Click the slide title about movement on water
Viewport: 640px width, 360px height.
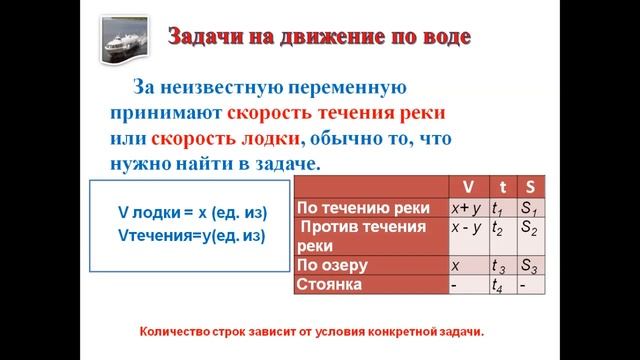(317, 39)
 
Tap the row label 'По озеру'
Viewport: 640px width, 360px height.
(333, 266)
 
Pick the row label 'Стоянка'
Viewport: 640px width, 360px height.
(331, 284)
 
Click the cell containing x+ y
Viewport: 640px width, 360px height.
(467, 208)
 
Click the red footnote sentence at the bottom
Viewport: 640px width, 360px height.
(318, 331)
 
